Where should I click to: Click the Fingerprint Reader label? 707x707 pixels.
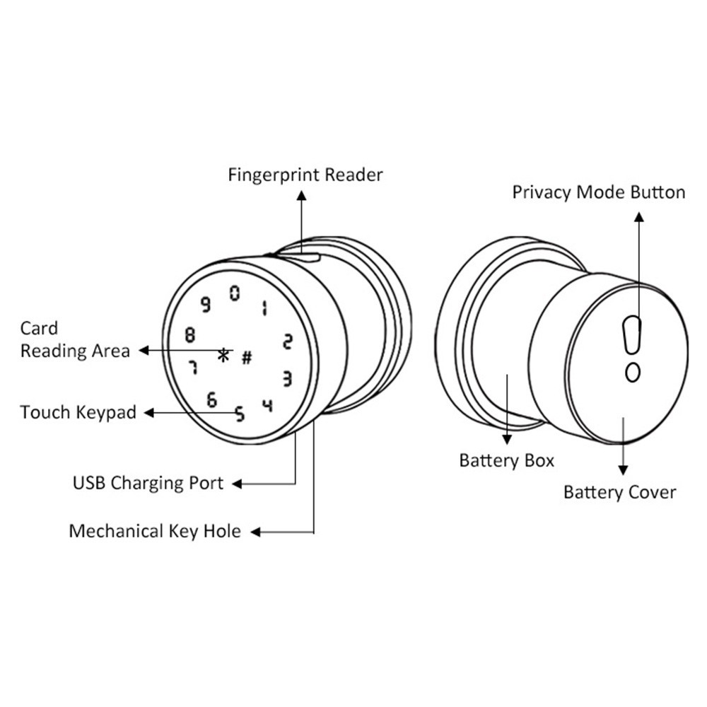tap(305, 175)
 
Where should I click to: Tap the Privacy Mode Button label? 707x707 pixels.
tap(598, 192)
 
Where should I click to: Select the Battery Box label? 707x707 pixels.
tap(506, 461)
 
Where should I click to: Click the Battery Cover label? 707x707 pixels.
tap(619, 492)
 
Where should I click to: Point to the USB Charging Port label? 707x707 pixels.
tap(148, 484)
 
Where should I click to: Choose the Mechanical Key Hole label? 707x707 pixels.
tap(155, 531)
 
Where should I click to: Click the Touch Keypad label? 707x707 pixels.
tap(78, 412)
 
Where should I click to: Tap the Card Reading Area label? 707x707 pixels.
tap(74, 339)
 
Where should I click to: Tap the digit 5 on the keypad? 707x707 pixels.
tap(240, 414)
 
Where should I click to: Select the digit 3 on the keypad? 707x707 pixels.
tap(287, 379)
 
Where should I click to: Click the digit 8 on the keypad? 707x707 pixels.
tap(189, 334)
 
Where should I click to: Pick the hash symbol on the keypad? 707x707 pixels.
tap(247, 357)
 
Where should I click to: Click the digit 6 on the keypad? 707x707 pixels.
tap(211, 400)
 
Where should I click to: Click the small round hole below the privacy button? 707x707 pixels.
tap(633, 371)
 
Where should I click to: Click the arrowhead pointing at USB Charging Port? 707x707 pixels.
tap(237, 484)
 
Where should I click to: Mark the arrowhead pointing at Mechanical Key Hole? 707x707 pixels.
tap(257, 532)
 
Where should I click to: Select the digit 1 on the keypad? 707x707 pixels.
tap(264, 308)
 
